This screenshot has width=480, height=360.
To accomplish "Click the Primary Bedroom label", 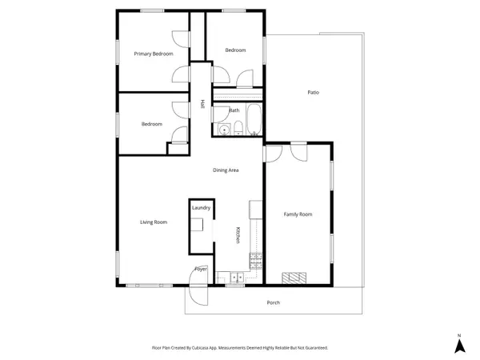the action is (154, 54).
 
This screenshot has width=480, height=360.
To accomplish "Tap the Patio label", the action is (313, 92).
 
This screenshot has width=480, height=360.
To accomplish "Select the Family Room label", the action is (298, 214).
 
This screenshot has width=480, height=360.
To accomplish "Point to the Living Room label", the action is (154, 222).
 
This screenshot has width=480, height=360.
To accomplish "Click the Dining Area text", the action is (226, 170).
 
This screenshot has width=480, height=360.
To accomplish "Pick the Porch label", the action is (274, 302).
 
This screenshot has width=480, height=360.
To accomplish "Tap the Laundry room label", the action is (201, 207).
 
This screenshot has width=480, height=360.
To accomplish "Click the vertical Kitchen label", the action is (238, 235).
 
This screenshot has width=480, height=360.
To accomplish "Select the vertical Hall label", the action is (202, 104).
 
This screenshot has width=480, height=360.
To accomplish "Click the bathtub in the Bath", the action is (254, 119).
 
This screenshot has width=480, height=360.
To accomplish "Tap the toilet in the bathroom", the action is (238, 128).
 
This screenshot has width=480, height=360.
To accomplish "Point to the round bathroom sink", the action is (224, 130).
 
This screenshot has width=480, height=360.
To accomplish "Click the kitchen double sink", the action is (237, 278).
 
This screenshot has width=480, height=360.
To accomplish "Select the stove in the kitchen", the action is (256, 261).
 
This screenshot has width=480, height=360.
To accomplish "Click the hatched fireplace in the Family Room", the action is (294, 278).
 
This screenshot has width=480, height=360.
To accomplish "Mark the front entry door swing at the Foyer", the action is (198, 286).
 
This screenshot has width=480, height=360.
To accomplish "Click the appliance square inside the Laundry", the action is (197, 224).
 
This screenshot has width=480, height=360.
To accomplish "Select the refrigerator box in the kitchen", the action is (256, 210).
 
